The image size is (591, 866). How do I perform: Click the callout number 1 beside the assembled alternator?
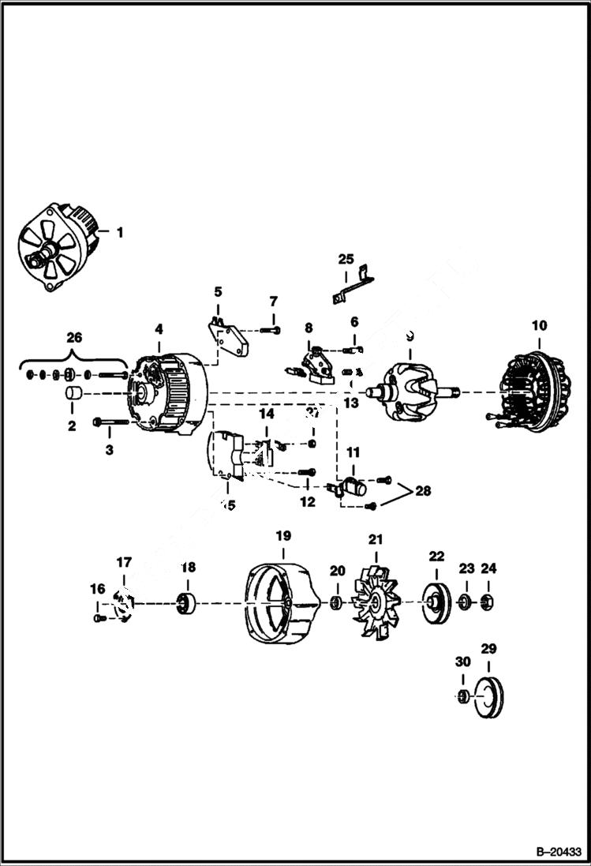(120, 232)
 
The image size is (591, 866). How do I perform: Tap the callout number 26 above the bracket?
(73, 337)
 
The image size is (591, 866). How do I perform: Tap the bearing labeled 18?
(187, 605)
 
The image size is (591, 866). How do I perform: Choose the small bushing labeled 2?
(72, 394)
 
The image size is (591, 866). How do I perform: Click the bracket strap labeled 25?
(350, 285)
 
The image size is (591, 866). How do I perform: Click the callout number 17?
(124, 562)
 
